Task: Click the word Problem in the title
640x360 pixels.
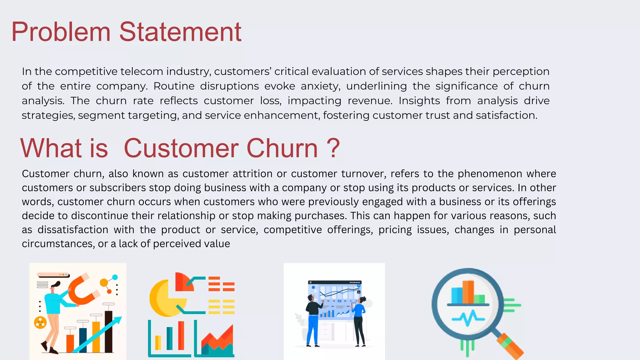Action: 61,32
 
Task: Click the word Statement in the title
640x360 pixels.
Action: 180,32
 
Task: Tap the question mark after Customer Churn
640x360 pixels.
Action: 333,148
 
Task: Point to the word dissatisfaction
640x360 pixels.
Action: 73,230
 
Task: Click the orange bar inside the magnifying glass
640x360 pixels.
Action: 468,292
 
